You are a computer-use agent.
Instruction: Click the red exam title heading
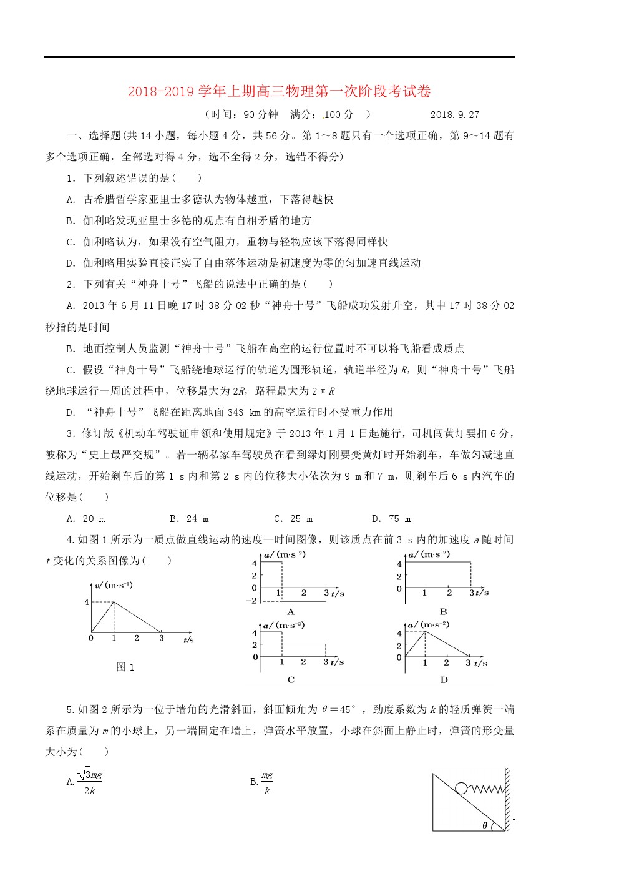click(279, 92)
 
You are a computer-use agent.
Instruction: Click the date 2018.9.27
click(454, 115)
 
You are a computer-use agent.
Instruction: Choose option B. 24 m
click(189, 519)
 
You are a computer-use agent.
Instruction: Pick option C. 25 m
click(293, 519)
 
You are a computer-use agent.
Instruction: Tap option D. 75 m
click(391, 519)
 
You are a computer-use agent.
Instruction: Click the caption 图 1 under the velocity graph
click(125, 667)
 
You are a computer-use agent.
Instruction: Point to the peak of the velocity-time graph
click(114, 602)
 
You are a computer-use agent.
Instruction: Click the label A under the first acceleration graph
click(290, 613)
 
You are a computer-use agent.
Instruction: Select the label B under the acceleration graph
click(443, 612)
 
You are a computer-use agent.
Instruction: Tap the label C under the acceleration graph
click(291, 680)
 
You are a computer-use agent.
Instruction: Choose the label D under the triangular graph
click(444, 680)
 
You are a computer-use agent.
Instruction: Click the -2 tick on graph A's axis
click(251, 601)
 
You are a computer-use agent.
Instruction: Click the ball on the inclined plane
click(461, 788)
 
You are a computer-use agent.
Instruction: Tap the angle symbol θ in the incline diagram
click(485, 825)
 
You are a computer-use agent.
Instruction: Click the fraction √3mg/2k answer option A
click(85, 782)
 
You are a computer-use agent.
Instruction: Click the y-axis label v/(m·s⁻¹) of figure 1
click(113, 586)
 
